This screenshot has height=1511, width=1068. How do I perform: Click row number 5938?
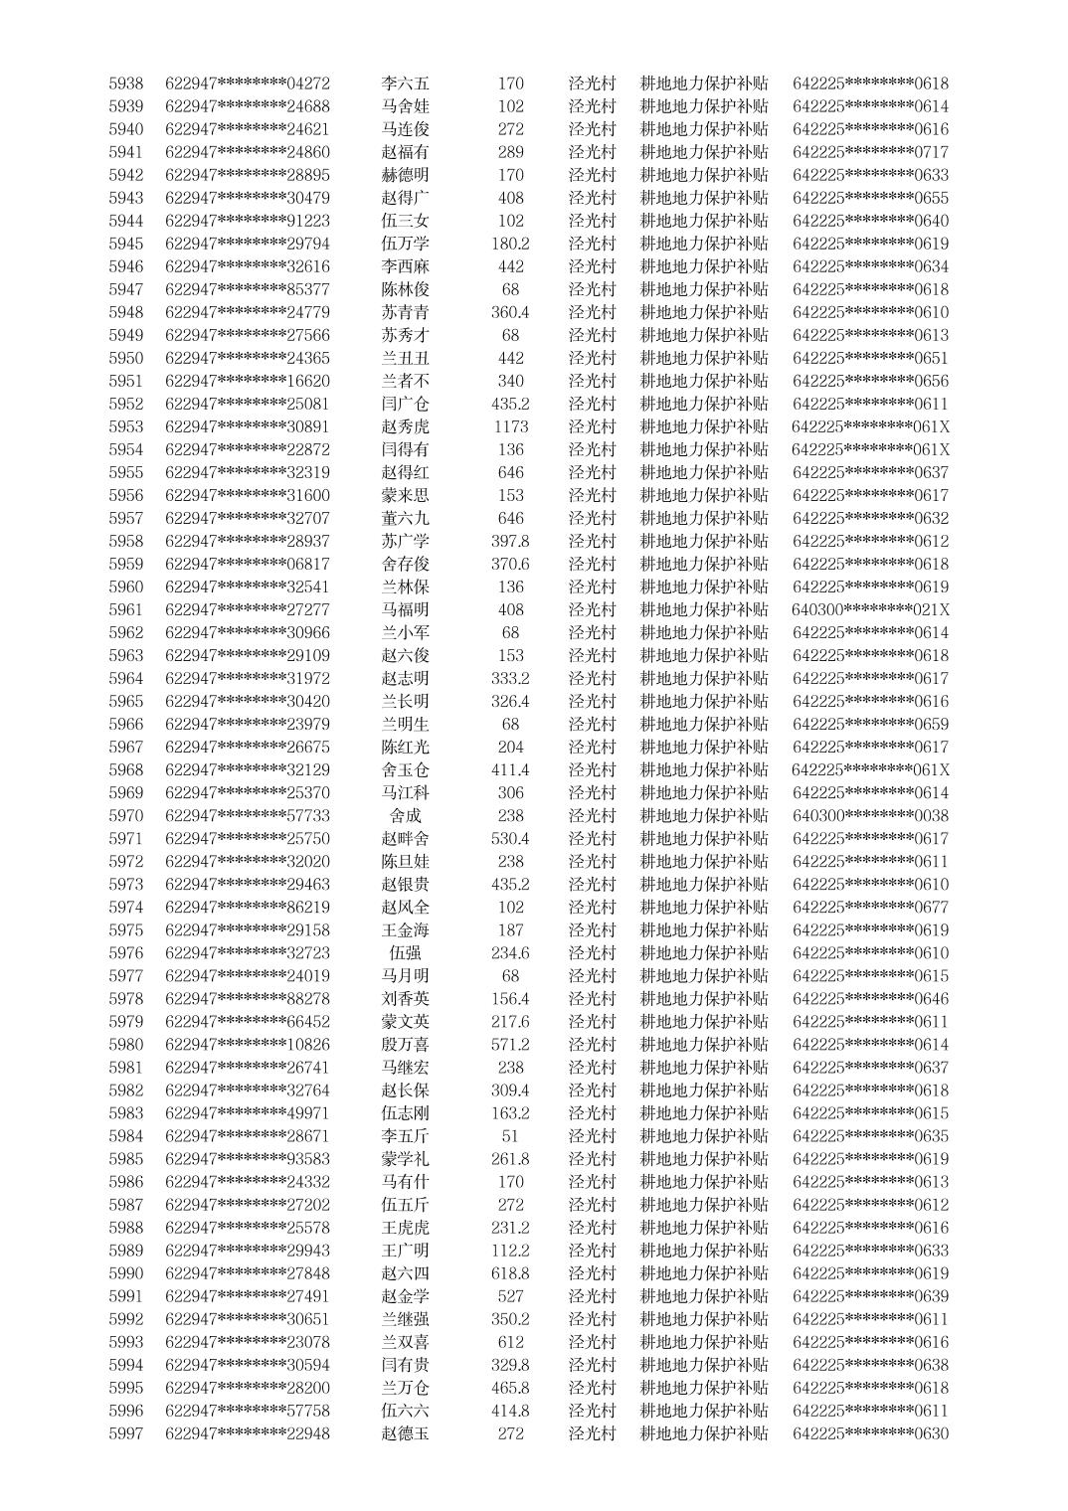coord(125,84)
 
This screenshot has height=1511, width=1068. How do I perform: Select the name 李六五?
coord(406,84)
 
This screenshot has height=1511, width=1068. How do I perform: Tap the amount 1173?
coord(510,426)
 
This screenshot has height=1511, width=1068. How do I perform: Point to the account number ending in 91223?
coord(248,221)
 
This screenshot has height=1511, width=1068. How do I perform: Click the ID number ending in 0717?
coord(870,152)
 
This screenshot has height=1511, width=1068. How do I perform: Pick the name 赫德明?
coord(406,175)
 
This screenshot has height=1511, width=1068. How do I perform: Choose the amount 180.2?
coord(510,244)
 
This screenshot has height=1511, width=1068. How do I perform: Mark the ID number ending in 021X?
coord(870,609)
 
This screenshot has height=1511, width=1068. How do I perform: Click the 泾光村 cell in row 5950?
coord(592,358)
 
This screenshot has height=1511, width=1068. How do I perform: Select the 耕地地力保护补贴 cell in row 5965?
coord(704,701)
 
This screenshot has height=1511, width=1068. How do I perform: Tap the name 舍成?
coord(406,815)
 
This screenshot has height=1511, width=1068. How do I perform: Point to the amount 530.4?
coord(510,838)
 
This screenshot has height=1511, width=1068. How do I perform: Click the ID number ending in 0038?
coord(870,815)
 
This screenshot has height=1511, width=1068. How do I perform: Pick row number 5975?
coord(125,930)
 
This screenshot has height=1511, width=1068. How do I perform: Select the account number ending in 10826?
coord(248,1045)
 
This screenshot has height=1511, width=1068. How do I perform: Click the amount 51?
coord(510,1136)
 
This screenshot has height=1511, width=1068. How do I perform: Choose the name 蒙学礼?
coord(406,1159)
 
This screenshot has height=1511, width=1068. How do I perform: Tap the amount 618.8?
coord(510,1273)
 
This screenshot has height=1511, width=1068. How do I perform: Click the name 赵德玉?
coord(406,1433)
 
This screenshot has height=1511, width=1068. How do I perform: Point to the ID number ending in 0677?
coord(870,907)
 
